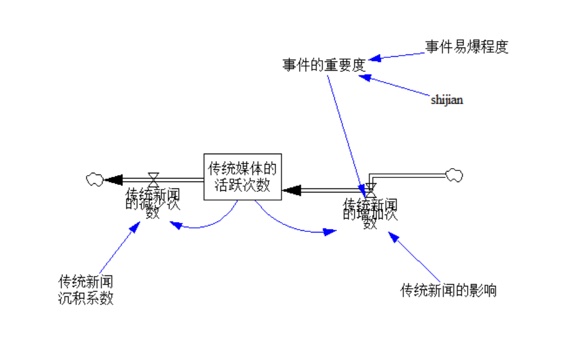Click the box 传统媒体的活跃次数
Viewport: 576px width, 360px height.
pos(242,176)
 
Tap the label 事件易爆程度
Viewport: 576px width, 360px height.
pos(466,47)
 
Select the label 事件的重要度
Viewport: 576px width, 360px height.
pos(324,65)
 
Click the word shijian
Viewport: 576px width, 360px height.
pos(447,100)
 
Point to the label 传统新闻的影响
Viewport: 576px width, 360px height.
pos(448,290)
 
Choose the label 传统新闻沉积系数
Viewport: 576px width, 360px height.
pos(85,290)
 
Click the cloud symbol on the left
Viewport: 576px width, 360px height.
pos(94,179)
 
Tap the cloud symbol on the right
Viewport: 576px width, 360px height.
pos(454,174)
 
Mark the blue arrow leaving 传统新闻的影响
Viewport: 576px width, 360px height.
pos(415,258)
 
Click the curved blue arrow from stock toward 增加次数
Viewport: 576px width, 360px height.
pos(290,226)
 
